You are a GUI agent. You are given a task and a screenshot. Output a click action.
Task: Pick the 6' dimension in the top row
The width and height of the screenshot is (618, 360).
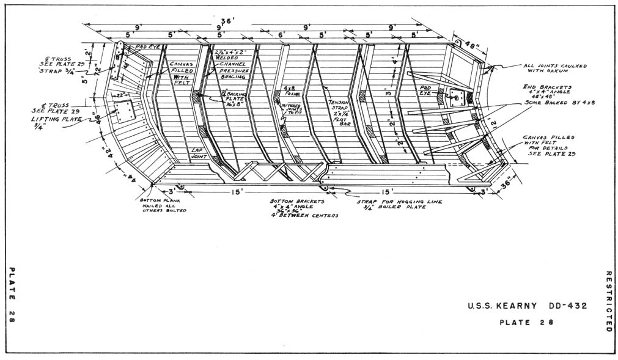(x=281, y=35)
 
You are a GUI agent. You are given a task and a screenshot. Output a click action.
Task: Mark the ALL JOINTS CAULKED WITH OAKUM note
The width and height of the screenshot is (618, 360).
(x=554, y=68)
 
